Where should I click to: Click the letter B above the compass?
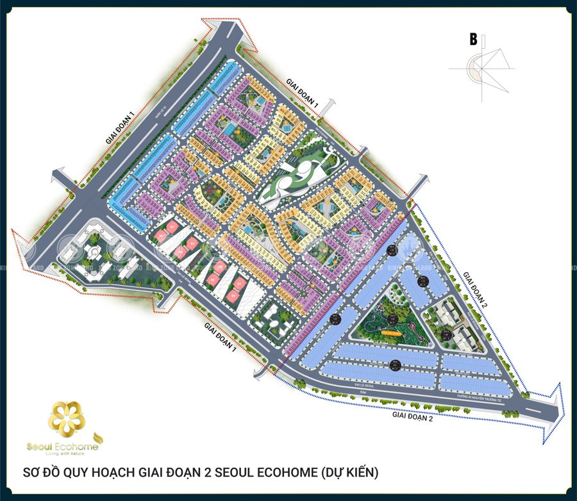point(473,40)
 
